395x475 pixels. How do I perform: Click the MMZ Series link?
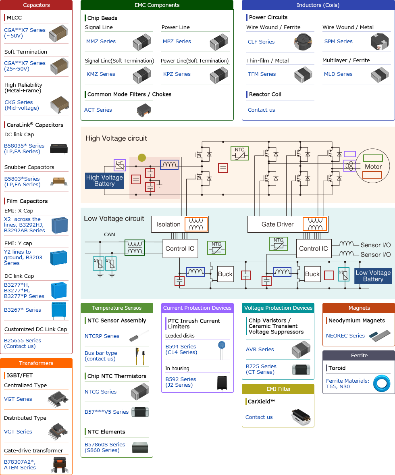tap(101, 42)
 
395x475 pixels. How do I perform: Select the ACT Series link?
tap(98, 110)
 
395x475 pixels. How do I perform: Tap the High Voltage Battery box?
tap(104, 181)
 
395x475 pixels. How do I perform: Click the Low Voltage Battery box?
tap(373, 276)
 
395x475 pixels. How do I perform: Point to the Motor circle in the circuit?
tap(373, 167)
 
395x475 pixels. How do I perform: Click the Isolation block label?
tap(168, 225)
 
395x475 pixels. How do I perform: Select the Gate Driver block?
tap(278, 225)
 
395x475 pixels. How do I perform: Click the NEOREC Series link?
tap(345, 336)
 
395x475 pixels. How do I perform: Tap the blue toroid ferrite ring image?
tap(381, 383)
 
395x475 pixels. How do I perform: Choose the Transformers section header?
tap(36, 363)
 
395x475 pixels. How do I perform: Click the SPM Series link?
tap(338, 42)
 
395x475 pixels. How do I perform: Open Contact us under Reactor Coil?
tap(261, 110)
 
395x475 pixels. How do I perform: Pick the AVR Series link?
tap(260, 350)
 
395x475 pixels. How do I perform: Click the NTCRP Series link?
tap(102, 336)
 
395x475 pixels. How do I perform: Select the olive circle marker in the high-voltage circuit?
tap(141, 158)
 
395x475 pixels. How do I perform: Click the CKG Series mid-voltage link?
tap(22, 105)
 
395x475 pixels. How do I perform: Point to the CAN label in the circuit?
tap(109, 235)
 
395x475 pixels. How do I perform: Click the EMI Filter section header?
tap(278, 389)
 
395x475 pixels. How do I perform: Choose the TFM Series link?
tap(262, 74)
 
